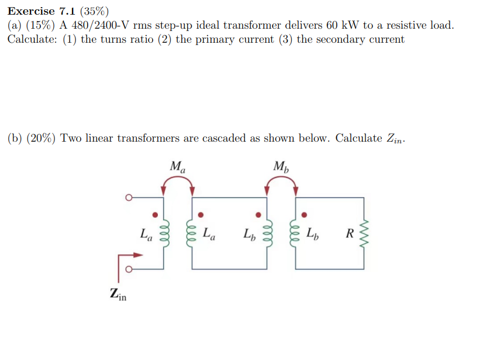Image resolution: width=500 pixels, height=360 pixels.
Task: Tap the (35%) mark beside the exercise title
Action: coord(93,11)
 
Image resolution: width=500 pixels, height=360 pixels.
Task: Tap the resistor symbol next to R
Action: coord(364,234)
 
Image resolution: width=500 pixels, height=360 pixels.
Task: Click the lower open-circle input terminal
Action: coord(128,270)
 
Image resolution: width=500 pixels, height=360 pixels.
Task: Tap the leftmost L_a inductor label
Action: coord(147,235)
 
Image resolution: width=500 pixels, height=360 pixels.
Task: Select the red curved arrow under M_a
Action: coord(178,184)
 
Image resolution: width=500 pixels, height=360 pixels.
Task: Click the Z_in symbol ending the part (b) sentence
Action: coord(394,139)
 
